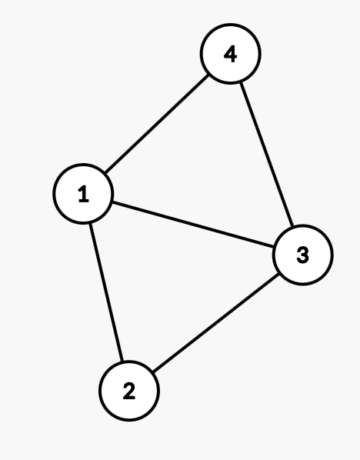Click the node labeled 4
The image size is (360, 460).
[x=230, y=54]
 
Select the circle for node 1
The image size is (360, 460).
[x=83, y=194]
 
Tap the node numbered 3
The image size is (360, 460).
[x=303, y=255]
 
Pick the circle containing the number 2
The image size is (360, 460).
[x=129, y=391]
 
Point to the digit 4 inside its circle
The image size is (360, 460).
[x=230, y=54]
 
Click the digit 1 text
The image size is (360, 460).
[x=84, y=194]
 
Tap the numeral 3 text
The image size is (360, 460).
[x=303, y=255]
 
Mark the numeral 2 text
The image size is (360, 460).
[x=129, y=391]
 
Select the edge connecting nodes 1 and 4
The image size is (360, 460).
[x=157, y=124]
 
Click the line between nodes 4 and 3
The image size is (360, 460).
[x=266, y=155]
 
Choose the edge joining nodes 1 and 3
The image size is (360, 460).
[x=193, y=224]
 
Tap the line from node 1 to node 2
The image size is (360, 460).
[x=106, y=292]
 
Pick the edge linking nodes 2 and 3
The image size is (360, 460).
[x=216, y=323]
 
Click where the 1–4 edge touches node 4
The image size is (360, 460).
[x=208, y=75]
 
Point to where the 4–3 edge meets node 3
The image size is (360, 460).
[x=292, y=226]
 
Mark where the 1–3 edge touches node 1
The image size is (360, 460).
[x=112, y=202]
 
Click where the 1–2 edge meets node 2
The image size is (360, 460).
[x=122, y=361]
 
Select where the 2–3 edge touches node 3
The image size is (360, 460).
[x=278, y=274]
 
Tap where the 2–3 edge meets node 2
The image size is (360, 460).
[x=153, y=372]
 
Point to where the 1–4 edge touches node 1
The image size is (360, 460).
[x=105, y=173]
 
